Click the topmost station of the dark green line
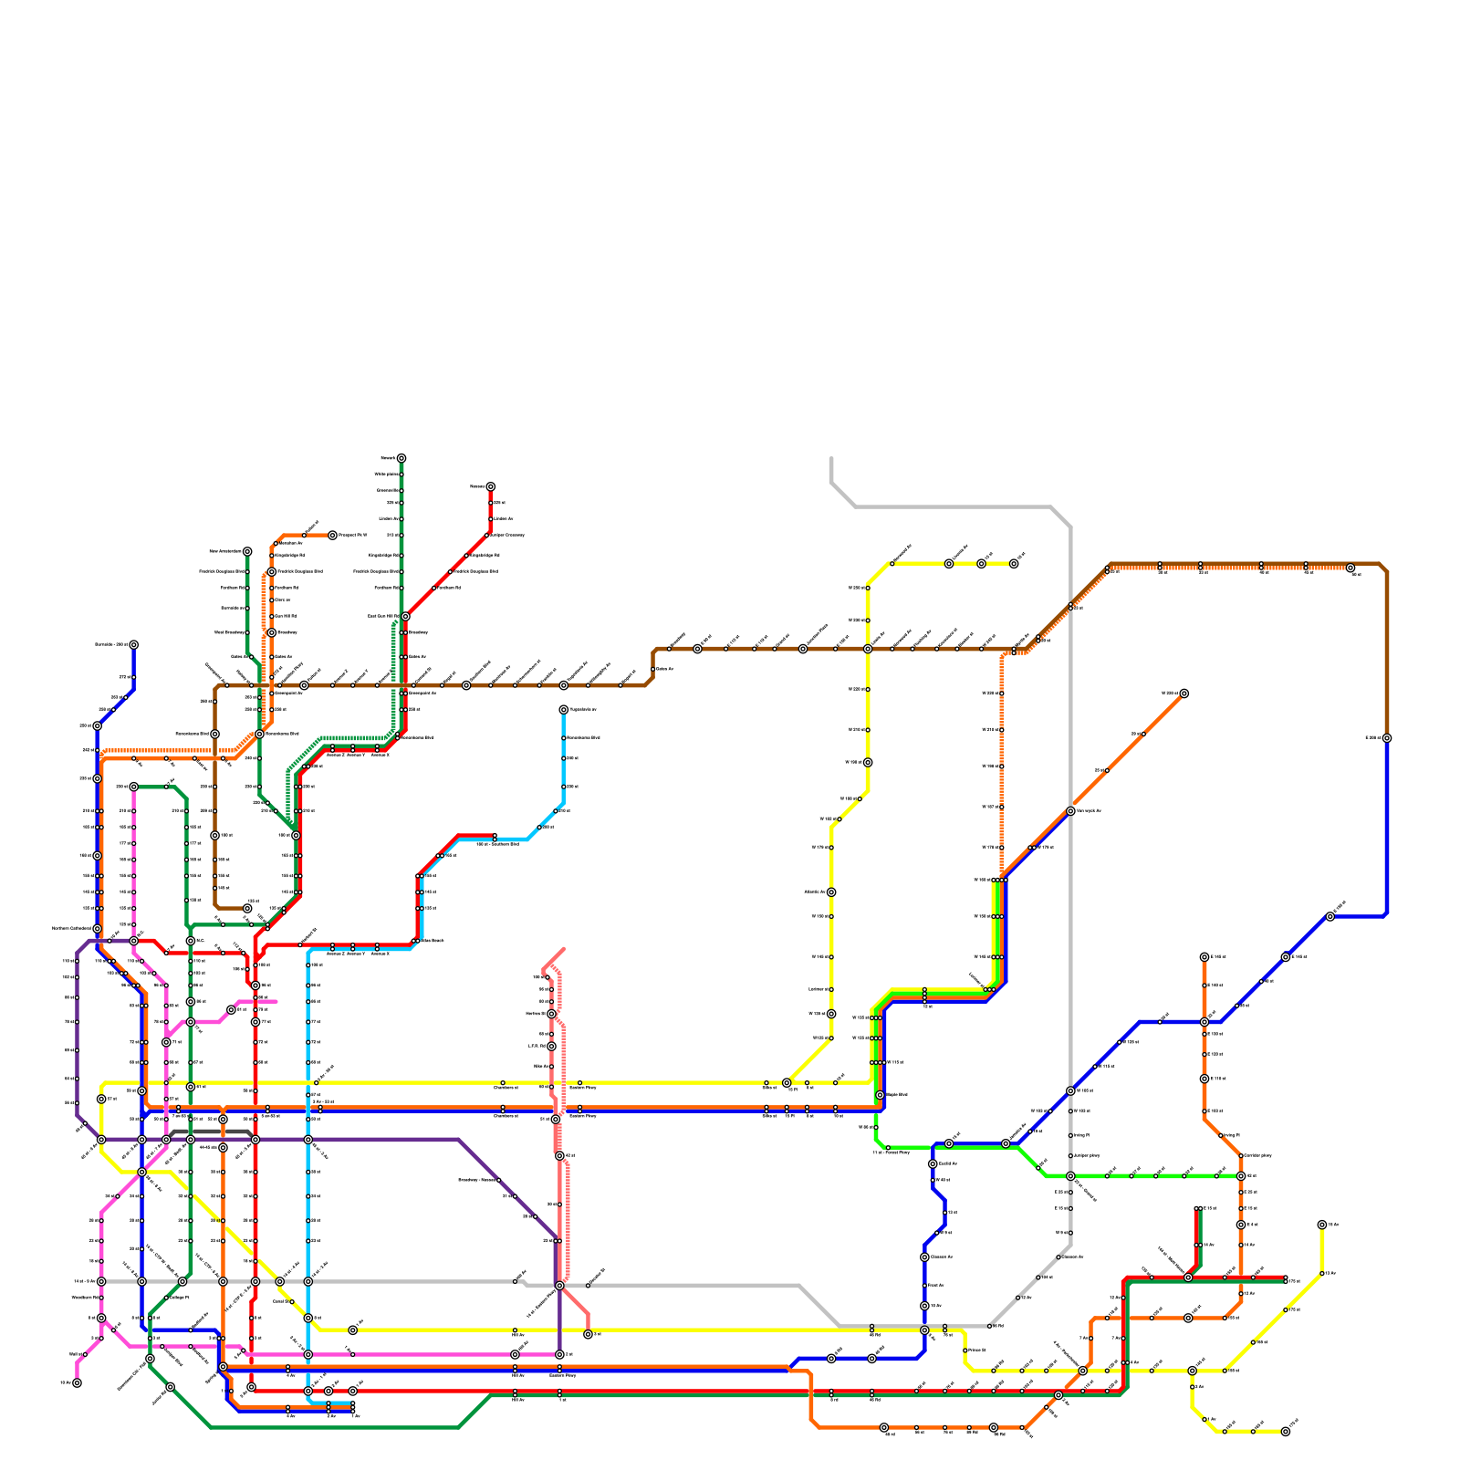[x=401, y=458]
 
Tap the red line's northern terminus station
[x=490, y=487]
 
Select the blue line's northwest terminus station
[x=133, y=645]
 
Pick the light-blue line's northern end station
[x=563, y=710]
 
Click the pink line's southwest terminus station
[x=77, y=1382]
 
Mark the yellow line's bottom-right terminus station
[x=1286, y=1432]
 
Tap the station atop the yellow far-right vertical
[x=1322, y=1225]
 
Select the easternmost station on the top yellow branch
[x=1014, y=564]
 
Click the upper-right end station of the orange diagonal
[x=1184, y=693]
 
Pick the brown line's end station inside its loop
[x=246, y=909]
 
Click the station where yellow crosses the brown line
[x=868, y=649]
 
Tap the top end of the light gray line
[x=831, y=459]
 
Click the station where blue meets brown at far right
[x=1387, y=738]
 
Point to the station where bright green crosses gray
[x=1070, y=1176]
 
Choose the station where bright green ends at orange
[x=1241, y=1176]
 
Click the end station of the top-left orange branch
[x=332, y=536]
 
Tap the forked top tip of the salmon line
[x=562, y=950]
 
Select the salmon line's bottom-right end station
[x=589, y=1334]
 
